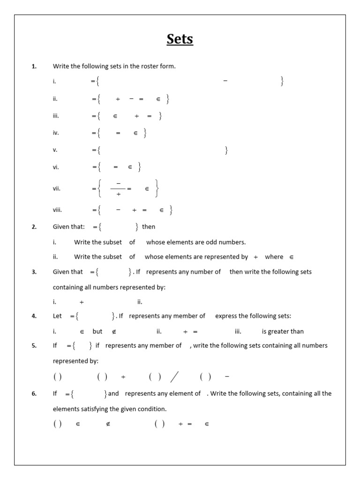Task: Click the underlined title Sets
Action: [x=180, y=39]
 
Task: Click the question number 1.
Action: [x=34, y=66]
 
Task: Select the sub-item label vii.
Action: [x=57, y=188]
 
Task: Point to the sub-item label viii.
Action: [x=57, y=210]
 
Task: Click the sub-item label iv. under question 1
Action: [x=56, y=133]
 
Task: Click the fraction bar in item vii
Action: [x=118, y=188]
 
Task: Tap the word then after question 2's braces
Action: [x=149, y=226]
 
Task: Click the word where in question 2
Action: [x=274, y=256]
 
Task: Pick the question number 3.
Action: [x=34, y=271]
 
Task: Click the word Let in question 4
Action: [x=57, y=316]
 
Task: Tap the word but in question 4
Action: [x=97, y=331]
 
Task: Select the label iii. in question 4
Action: [x=238, y=331]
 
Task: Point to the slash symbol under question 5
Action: [x=174, y=376]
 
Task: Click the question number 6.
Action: [x=34, y=393]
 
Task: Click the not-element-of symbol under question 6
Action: [x=108, y=424]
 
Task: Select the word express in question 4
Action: [x=226, y=316]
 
